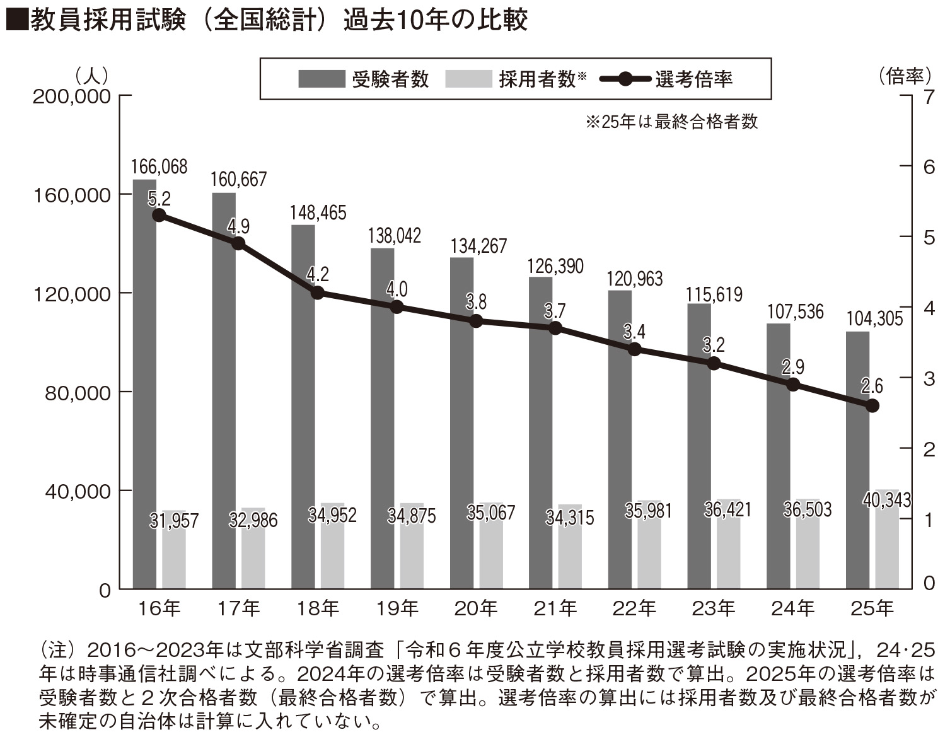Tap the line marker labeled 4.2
(318, 293)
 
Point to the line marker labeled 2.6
(872, 405)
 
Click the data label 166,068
(159, 167)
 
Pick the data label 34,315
(570, 518)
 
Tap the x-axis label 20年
(476, 608)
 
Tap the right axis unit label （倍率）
(904, 77)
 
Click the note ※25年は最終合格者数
(672, 122)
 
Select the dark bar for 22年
(620, 439)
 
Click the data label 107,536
(795, 311)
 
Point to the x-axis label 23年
(714, 608)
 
